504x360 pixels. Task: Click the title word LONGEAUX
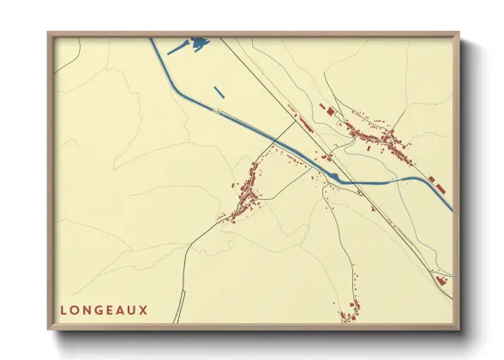point(104,309)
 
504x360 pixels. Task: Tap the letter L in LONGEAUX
point(64,309)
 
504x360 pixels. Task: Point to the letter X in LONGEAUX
point(143,309)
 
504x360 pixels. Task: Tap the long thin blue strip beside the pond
point(178,49)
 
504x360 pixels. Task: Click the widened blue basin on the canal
point(336,177)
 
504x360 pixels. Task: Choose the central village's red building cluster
point(247,193)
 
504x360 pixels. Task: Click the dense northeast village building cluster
point(377,138)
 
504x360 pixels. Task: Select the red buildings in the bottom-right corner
point(441,280)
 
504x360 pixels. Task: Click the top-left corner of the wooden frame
point(50,34)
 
